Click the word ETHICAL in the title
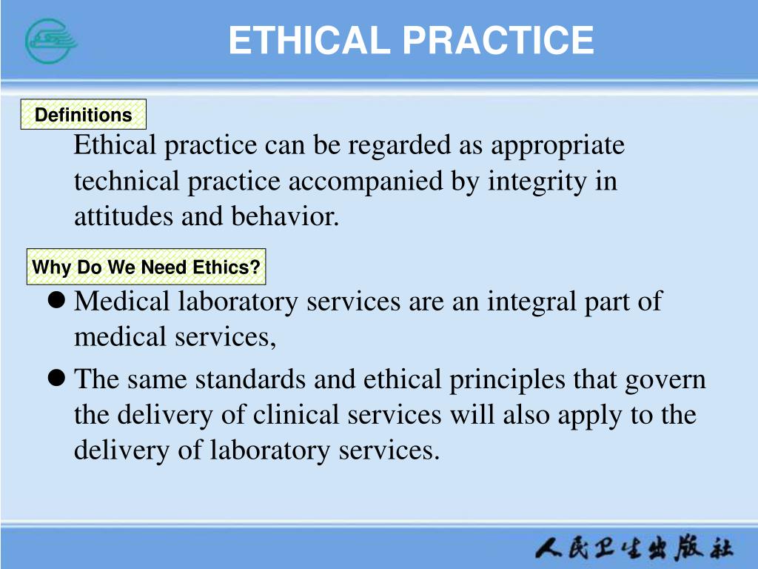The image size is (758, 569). [x=309, y=40]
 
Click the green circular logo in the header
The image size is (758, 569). [x=51, y=40]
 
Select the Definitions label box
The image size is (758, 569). [x=83, y=115]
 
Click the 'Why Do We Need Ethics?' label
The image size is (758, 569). [x=147, y=267]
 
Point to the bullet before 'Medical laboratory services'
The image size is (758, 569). [x=56, y=301]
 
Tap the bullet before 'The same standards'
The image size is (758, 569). [x=56, y=379]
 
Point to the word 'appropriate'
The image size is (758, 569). [x=558, y=145]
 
